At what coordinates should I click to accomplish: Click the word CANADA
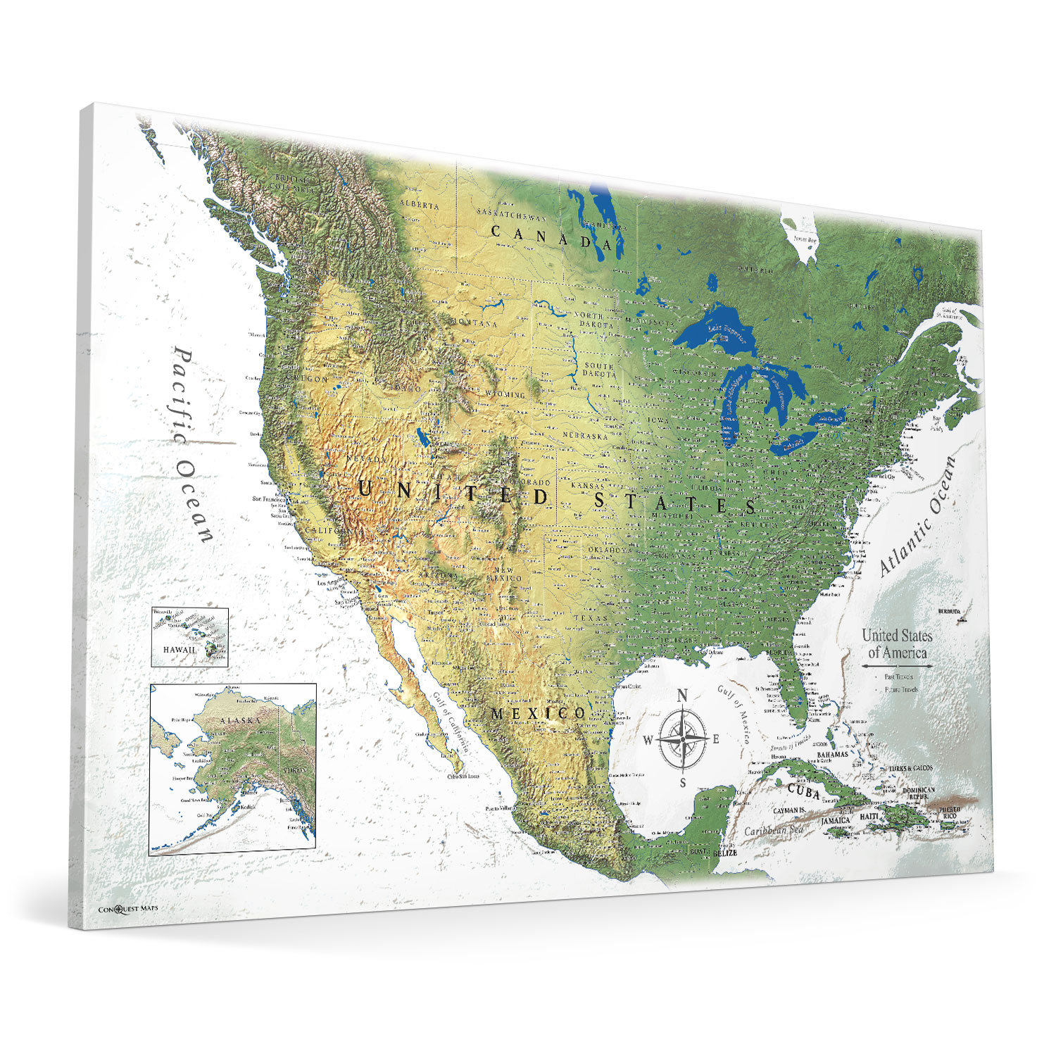551,237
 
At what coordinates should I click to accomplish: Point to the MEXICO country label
538,714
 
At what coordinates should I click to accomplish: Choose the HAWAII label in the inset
180,649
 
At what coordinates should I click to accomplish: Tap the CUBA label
803,791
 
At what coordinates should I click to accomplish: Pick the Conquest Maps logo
128,908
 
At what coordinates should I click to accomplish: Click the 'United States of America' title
897,643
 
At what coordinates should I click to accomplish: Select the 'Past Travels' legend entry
898,677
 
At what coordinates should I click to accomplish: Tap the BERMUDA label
948,612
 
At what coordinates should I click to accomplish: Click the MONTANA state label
474,323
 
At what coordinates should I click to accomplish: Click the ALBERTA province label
420,205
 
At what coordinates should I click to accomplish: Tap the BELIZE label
724,853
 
